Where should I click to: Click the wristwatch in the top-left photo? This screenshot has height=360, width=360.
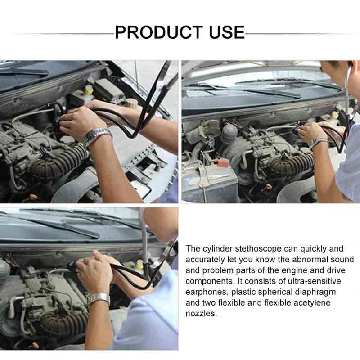click(x=97, y=135)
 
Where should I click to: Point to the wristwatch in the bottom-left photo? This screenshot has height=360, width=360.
click(x=99, y=298)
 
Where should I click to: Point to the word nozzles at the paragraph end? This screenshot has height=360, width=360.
click(x=201, y=314)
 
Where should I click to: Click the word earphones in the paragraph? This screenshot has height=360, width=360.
click(x=207, y=292)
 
